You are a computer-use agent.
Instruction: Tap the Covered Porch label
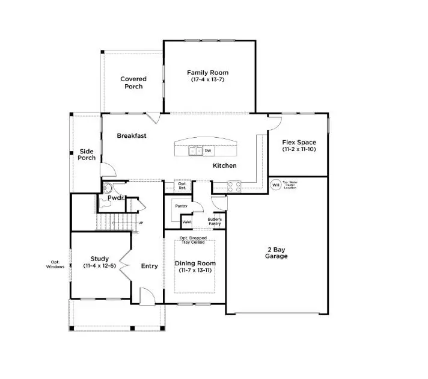coord(133,83)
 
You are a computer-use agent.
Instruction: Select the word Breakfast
coord(132,136)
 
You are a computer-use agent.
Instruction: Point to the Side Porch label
coord(87,155)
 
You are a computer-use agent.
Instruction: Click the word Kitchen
coord(224,165)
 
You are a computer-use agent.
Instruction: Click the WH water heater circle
coord(275,185)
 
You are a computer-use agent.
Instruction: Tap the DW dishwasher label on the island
coord(208,151)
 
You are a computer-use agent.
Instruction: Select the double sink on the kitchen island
coord(195,151)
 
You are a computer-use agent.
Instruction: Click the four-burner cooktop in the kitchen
coord(234,186)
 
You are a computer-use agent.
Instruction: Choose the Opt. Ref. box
coord(182,186)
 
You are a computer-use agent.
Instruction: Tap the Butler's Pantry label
coord(215,222)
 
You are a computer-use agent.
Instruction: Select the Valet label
coord(187,221)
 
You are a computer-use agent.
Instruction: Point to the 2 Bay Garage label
coord(276,253)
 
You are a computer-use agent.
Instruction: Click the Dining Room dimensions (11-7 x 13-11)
coord(195,271)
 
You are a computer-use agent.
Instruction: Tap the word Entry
coord(149,266)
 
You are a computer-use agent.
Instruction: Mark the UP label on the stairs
coord(141,224)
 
